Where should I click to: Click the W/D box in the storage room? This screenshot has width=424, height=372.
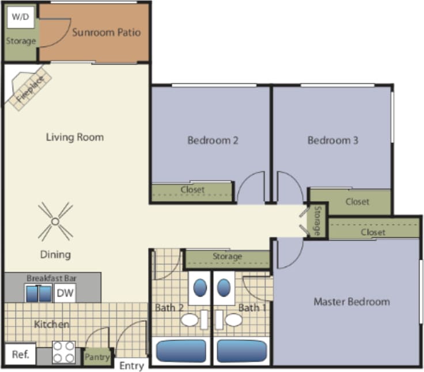[20, 17]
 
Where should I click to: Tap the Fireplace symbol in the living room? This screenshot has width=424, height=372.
[28, 89]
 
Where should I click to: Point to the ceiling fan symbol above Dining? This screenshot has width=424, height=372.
[55, 221]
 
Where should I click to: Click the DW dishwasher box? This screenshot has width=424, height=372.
[65, 294]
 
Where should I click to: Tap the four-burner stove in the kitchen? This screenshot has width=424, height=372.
[64, 352]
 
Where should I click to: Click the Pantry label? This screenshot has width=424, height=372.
[97, 357]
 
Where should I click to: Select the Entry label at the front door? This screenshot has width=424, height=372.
[132, 366]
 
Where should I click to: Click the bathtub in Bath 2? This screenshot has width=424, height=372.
[181, 351]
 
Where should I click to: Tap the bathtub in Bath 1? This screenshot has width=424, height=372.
[242, 351]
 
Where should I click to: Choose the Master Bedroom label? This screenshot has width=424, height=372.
[351, 302]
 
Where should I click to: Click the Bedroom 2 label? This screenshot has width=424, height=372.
[213, 140]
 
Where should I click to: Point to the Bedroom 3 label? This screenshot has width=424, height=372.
[332, 140]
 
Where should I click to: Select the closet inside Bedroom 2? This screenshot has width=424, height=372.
[192, 190]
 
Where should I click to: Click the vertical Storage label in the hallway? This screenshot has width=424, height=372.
[317, 221]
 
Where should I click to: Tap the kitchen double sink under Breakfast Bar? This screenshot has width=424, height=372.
[39, 294]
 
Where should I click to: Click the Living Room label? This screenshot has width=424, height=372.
[75, 137]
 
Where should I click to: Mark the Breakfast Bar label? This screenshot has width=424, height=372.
[52, 278]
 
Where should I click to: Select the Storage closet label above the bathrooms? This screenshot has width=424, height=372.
[227, 256]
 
